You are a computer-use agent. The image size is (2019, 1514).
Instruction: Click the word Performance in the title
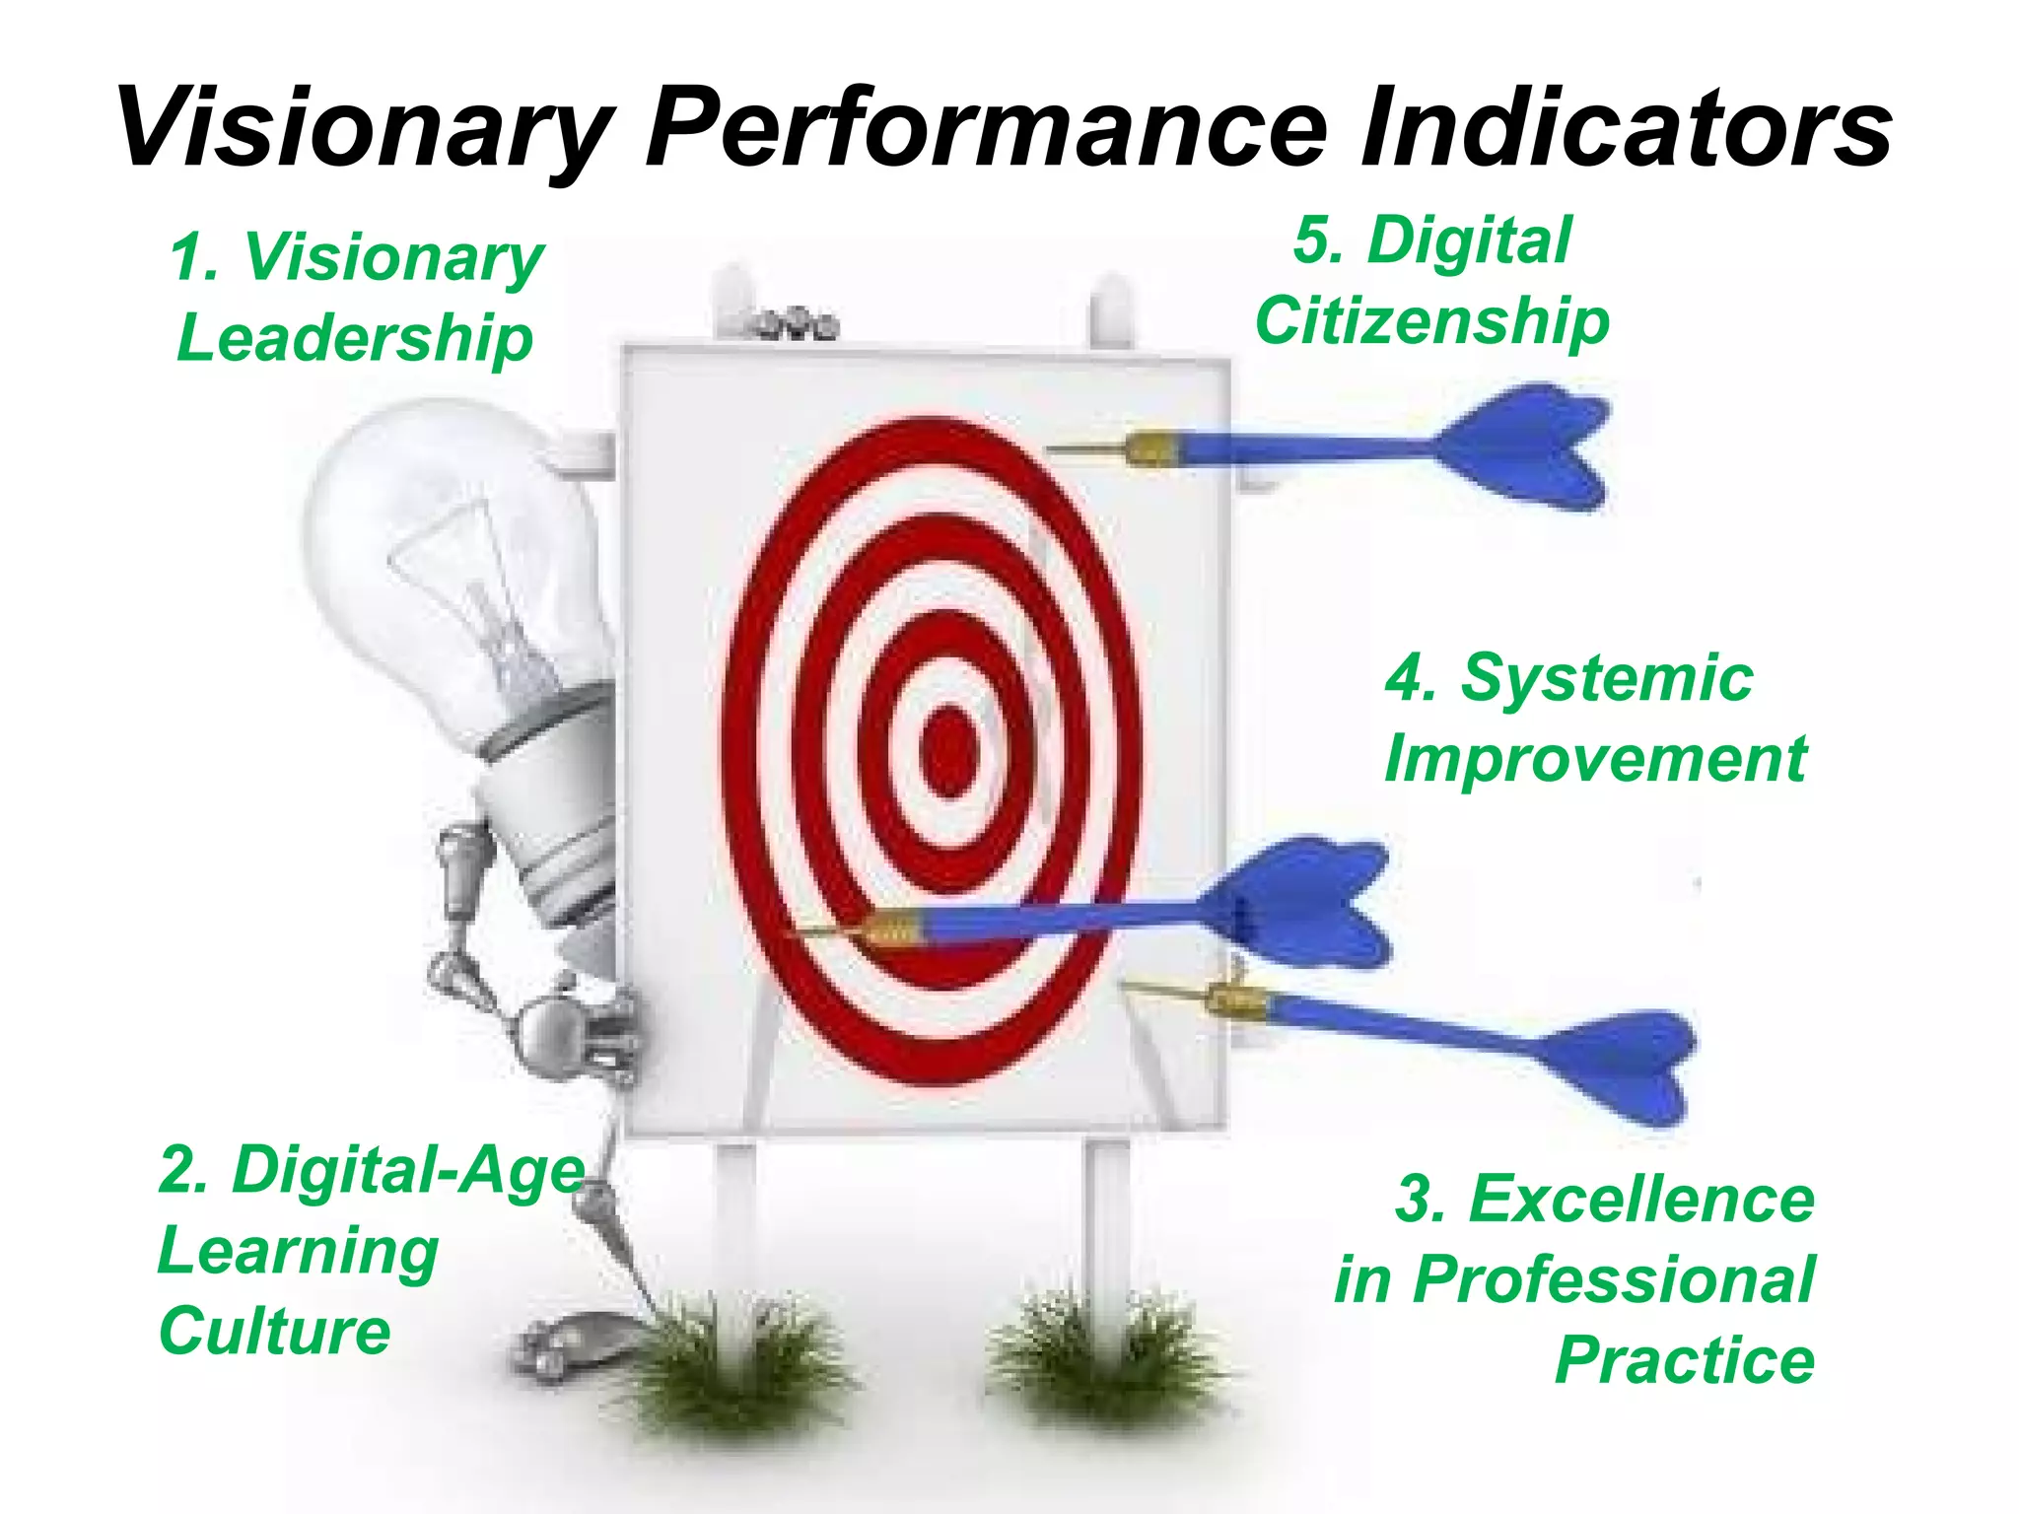(x=986, y=128)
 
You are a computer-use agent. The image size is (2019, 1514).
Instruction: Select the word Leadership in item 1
(x=355, y=338)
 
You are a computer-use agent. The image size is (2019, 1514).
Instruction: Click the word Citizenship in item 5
(x=1431, y=322)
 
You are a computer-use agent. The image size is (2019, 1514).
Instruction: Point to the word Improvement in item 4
(x=1595, y=759)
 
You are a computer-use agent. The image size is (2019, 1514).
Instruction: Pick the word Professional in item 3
(x=1613, y=1279)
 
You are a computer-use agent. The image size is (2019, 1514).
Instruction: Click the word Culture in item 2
(x=275, y=1331)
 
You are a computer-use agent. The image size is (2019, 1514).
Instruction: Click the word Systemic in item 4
(x=1606, y=678)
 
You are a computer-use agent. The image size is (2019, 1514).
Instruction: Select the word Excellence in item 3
(x=1640, y=1200)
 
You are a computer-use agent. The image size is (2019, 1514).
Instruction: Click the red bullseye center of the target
(x=948, y=751)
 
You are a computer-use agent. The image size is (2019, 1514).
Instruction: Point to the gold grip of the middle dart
(x=892, y=929)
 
